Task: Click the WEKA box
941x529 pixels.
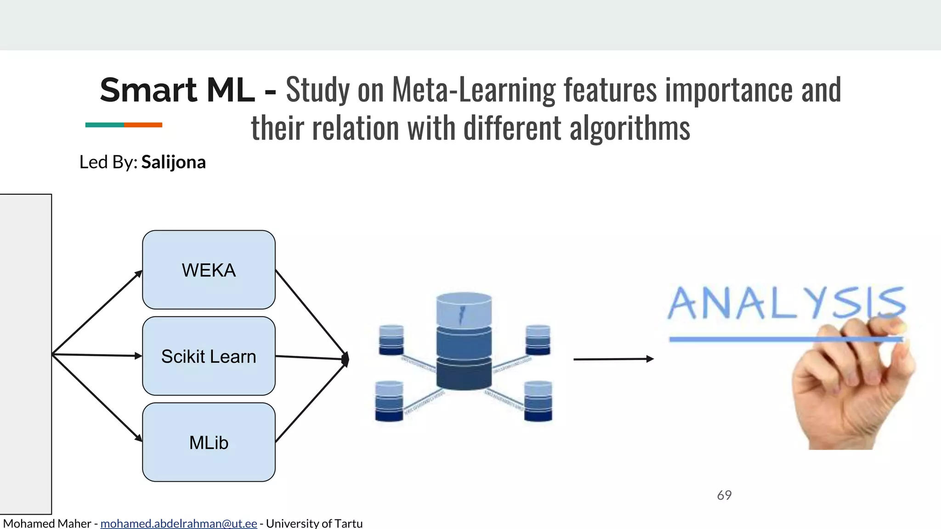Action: pyautogui.click(x=209, y=270)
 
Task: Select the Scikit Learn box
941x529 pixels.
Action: pyautogui.click(x=209, y=356)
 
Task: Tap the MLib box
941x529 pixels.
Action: pyautogui.click(x=209, y=443)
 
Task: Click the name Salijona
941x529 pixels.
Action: pyautogui.click(x=173, y=162)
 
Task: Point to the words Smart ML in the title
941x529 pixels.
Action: pyautogui.click(x=177, y=90)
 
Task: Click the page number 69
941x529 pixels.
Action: pyautogui.click(x=724, y=495)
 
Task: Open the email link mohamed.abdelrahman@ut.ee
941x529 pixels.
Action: pyautogui.click(x=178, y=523)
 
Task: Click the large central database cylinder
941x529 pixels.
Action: pyautogui.click(x=464, y=342)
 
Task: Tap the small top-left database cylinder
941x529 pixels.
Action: pyautogui.click(x=391, y=340)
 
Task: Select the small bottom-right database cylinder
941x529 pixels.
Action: pyautogui.click(x=538, y=401)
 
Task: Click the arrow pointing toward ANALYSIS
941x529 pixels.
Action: pyautogui.click(x=613, y=359)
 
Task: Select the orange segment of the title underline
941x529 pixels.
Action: pyautogui.click(x=143, y=125)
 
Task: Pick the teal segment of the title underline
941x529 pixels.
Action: pyautogui.click(x=104, y=125)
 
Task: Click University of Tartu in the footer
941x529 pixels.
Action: pyautogui.click(x=314, y=523)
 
